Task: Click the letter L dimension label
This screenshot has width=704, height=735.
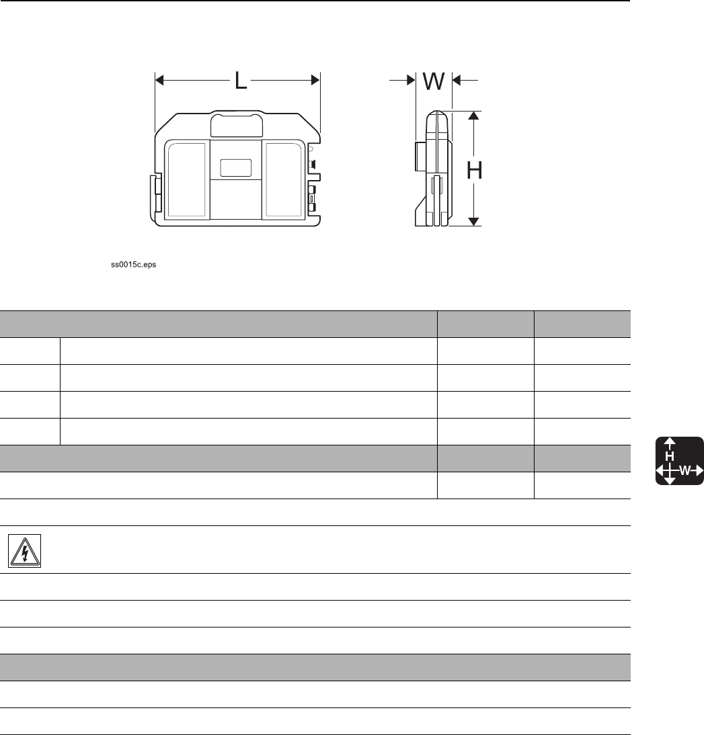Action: [x=241, y=81]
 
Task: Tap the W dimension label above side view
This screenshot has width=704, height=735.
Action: [x=434, y=81]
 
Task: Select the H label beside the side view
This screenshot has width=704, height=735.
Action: [x=474, y=170]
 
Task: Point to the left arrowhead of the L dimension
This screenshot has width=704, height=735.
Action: [x=159, y=81]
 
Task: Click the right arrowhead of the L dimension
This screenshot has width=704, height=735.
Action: [x=315, y=81]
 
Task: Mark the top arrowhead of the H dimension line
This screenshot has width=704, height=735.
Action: [x=474, y=116]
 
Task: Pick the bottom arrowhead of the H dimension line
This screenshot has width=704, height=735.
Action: [x=474, y=222]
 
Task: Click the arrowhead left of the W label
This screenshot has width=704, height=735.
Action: [x=411, y=81]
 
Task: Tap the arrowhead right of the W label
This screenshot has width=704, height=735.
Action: [x=457, y=81]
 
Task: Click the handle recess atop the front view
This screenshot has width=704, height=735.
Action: [x=237, y=124]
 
